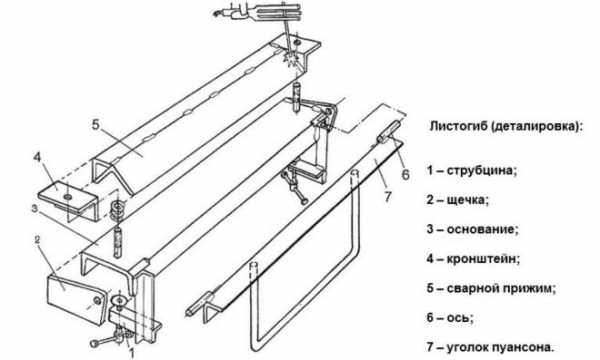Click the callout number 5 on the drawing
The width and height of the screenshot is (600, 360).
[96, 125]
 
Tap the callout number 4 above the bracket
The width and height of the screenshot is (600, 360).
[37, 158]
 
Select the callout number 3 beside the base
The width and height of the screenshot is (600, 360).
[35, 209]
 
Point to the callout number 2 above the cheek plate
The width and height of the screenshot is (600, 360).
[37, 240]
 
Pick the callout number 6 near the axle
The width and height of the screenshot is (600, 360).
[406, 175]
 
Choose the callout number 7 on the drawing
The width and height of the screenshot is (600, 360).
[388, 197]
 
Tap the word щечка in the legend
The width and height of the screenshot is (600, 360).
[468, 200]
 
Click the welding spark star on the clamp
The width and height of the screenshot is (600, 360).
[289, 58]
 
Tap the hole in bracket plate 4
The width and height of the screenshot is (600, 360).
[68, 197]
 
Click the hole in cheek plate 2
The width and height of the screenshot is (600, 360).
[97, 301]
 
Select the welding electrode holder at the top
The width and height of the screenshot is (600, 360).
[260, 13]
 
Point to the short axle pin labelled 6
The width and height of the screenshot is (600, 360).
[388, 132]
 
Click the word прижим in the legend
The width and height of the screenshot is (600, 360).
[532, 288]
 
